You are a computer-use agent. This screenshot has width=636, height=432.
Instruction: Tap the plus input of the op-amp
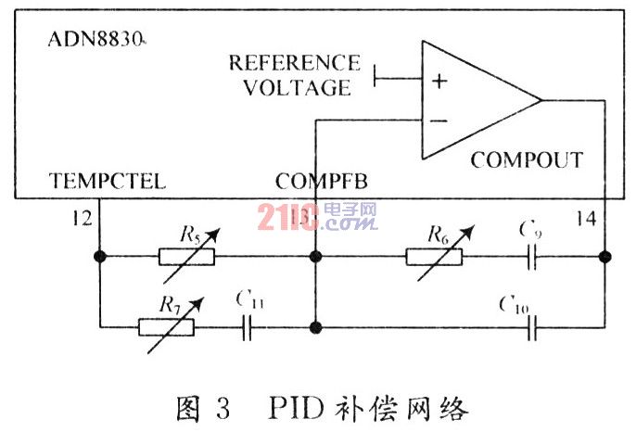pos(439,81)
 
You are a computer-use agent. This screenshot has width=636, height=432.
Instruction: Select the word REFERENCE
pos(294,64)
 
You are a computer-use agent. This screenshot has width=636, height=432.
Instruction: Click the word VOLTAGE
pos(301,88)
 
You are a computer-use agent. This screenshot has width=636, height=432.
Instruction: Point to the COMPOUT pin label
pos(527,159)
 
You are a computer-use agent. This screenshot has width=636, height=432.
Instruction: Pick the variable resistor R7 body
pos(166,325)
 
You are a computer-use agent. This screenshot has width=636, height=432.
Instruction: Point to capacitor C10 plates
pos(532,325)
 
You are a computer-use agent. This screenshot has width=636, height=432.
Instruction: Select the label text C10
pos(513,303)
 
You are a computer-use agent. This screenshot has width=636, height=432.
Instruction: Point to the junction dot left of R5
pos(98,257)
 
